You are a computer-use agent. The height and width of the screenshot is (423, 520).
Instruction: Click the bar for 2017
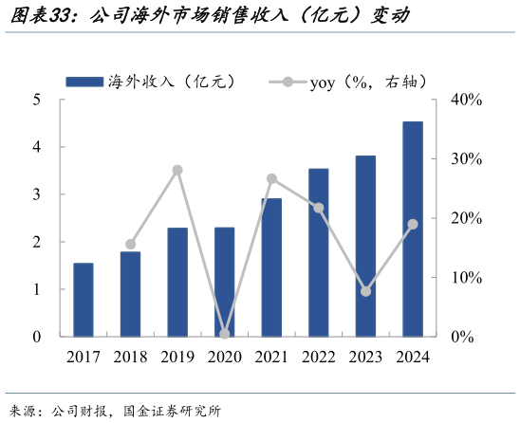pos(84,300)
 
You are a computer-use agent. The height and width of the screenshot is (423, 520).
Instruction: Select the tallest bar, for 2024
pos(413,229)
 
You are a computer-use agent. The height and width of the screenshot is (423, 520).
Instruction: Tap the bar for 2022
pos(319,252)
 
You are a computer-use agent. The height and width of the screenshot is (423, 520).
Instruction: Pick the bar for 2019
pos(177,282)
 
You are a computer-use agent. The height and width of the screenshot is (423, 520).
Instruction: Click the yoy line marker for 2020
pos(225,334)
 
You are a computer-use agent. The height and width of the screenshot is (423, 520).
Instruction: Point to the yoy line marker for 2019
pos(177,170)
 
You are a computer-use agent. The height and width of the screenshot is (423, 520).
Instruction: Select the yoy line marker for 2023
pos(366,291)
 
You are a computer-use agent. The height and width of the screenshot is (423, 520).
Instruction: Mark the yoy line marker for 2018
pos(131,244)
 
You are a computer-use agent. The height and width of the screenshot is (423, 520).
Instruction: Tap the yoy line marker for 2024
pos(413,224)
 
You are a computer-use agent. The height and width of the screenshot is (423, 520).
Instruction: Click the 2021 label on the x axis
pos(271,358)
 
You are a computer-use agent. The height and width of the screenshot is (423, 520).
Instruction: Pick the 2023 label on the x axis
pos(366,358)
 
